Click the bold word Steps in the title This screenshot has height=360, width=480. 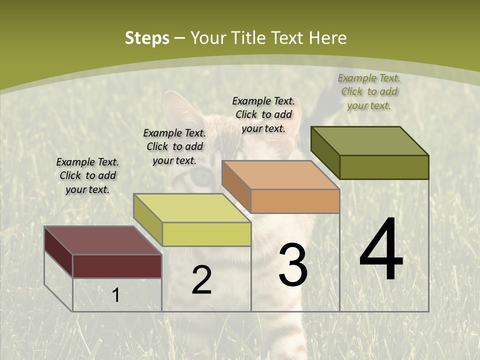click(147, 38)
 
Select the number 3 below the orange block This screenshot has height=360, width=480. click(292, 265)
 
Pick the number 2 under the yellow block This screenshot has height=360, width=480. click(201, 280)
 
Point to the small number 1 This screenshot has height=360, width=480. click(115, 295)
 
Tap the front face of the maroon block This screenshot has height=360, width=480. click(117, 266)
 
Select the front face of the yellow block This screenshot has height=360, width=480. click(206, 234)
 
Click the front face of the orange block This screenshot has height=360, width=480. click(295, 201)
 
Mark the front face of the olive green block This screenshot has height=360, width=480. click(384, 167)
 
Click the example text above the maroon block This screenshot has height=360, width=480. click(87, 175)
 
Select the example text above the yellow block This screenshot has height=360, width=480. click(174, 146)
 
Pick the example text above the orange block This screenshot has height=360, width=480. click(263, 114)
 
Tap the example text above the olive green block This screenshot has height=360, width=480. click(369, 91)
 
